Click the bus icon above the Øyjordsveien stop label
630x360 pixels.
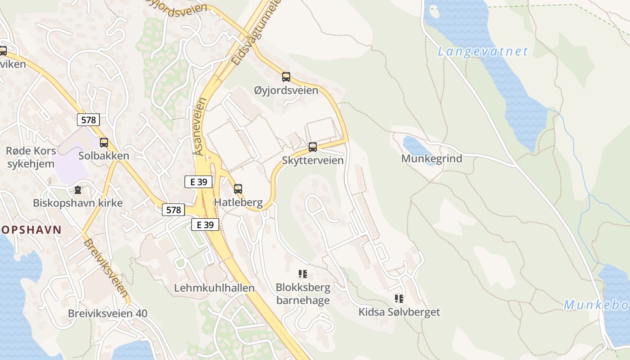tap(286, 76)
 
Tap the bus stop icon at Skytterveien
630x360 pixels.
tap(313, 147)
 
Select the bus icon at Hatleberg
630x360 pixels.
tap(238, 189)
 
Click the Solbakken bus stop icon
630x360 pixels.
tap(104, 143)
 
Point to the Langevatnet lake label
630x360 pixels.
tap(483, 51)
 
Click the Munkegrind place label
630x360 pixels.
tap(432, 158)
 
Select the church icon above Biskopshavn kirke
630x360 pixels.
tap(78, 190)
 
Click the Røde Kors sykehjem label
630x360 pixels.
tap(31, 157)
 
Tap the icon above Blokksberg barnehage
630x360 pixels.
tap(303, 274)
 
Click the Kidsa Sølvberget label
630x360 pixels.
tap(399, 312)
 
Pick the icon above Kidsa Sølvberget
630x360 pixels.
tap(399, 298)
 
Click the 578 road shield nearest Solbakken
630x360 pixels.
tap(88, 120)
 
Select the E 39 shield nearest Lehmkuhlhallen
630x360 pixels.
tap(205, 225)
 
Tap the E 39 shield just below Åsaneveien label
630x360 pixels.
tap(198, 182)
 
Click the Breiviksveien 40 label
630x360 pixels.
tap(108, 313)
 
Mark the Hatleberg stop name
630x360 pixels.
tap(238, 202)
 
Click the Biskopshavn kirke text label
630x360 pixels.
tap(78, 203)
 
